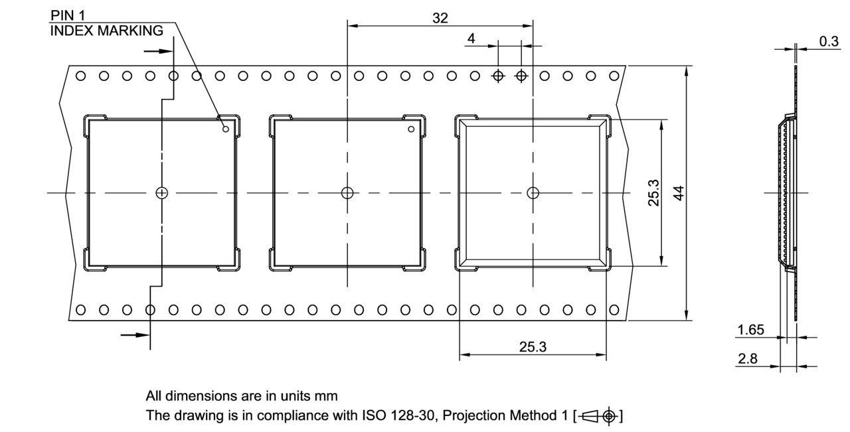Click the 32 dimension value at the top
(440, 18)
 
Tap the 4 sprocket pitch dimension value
(471, 38)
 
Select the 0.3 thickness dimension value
(828, 41)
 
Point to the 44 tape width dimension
(679, 193)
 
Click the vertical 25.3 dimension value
(654, 193)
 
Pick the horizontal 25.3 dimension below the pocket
(533, 346)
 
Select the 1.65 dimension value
(750, 330)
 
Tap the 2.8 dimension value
(747, 359)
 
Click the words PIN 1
(68, 15)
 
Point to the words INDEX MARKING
(106, 31)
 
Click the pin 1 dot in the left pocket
(225, 129)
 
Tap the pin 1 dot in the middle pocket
(411, 129)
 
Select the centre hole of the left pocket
(161, 193)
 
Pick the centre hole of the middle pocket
(347, 193)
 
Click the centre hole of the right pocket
(533, 193)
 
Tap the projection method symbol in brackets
(600, 416)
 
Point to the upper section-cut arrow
(153, 50)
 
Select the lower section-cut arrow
(133, 334)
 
